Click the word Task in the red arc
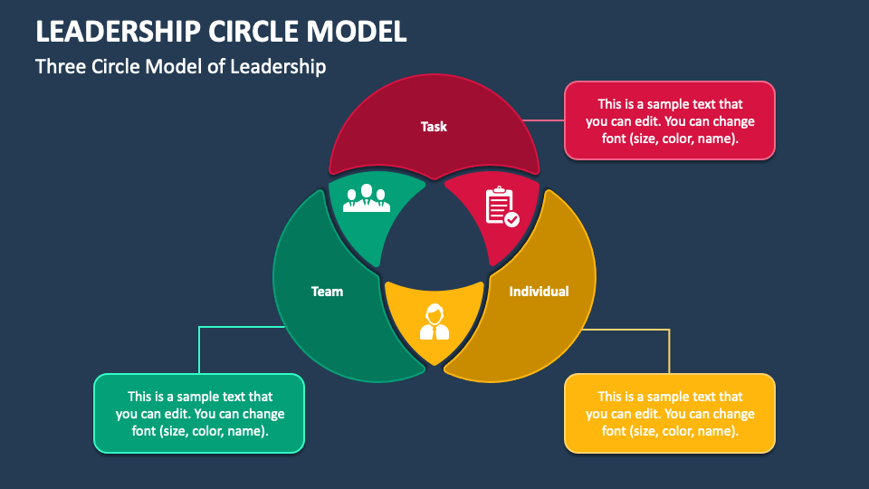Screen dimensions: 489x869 pyautogui.click(x=434, y=127)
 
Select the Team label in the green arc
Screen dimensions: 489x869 pyautogui.click(x=327, y=292)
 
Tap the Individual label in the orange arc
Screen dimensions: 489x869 pyautogui.click(x=539, y=292)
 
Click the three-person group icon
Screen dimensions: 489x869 pyautogui.click(x=366, y=198)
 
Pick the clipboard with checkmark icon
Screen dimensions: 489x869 pyautogui.click(x=501, y=206)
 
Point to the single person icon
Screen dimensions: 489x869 pyautogui.click(x=434, y=321)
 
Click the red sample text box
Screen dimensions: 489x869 pyautogui.click(x=670, y=121)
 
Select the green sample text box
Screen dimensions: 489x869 pyautogui.click(x=199, y=414)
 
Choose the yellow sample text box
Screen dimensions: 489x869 pyautogui.click(x=670, y=414)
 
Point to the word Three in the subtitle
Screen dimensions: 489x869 pyautogui.click(x=62, y=67)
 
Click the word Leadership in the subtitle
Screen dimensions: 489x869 pyautogui.click(x=280, y=67)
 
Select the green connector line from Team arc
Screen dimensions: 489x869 pyautogui.click(x=199, y=349)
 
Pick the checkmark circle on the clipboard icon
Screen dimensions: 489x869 pyautogui.click(x=512, y=219)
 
